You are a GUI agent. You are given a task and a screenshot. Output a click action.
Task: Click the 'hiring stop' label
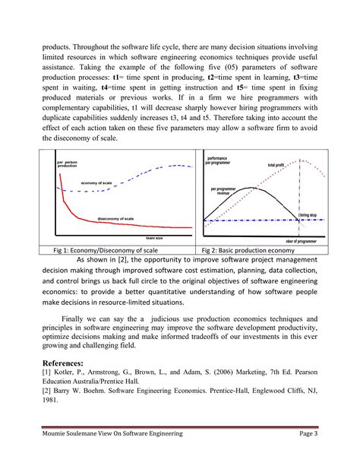click(308, 215)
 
